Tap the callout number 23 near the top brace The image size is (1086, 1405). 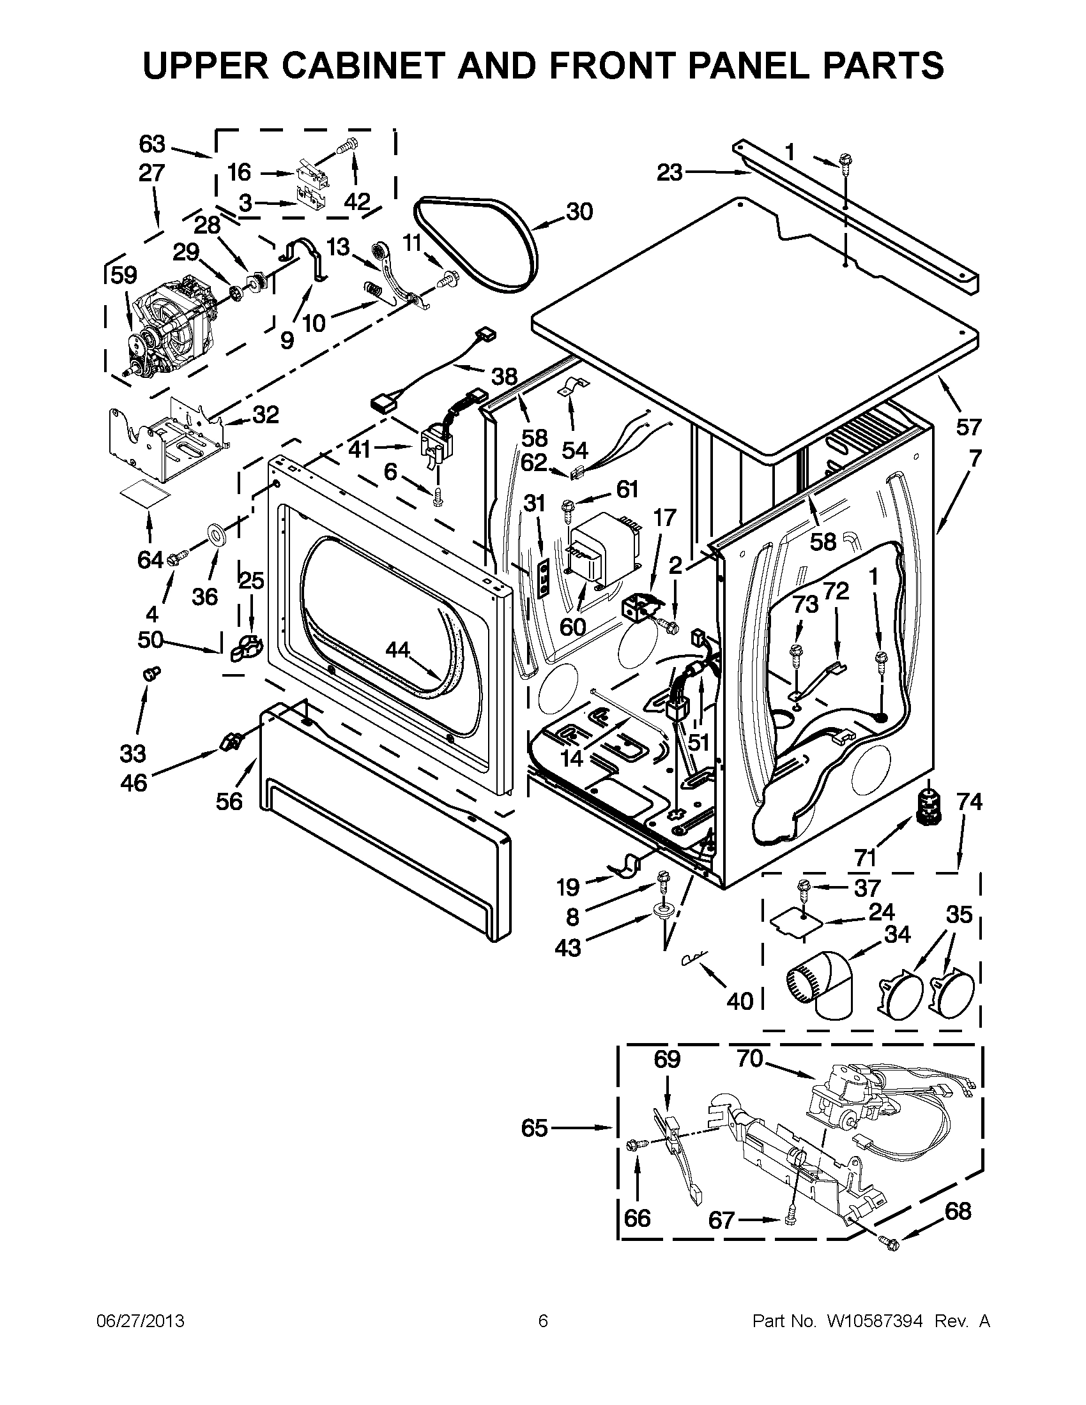tap(669, 172)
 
